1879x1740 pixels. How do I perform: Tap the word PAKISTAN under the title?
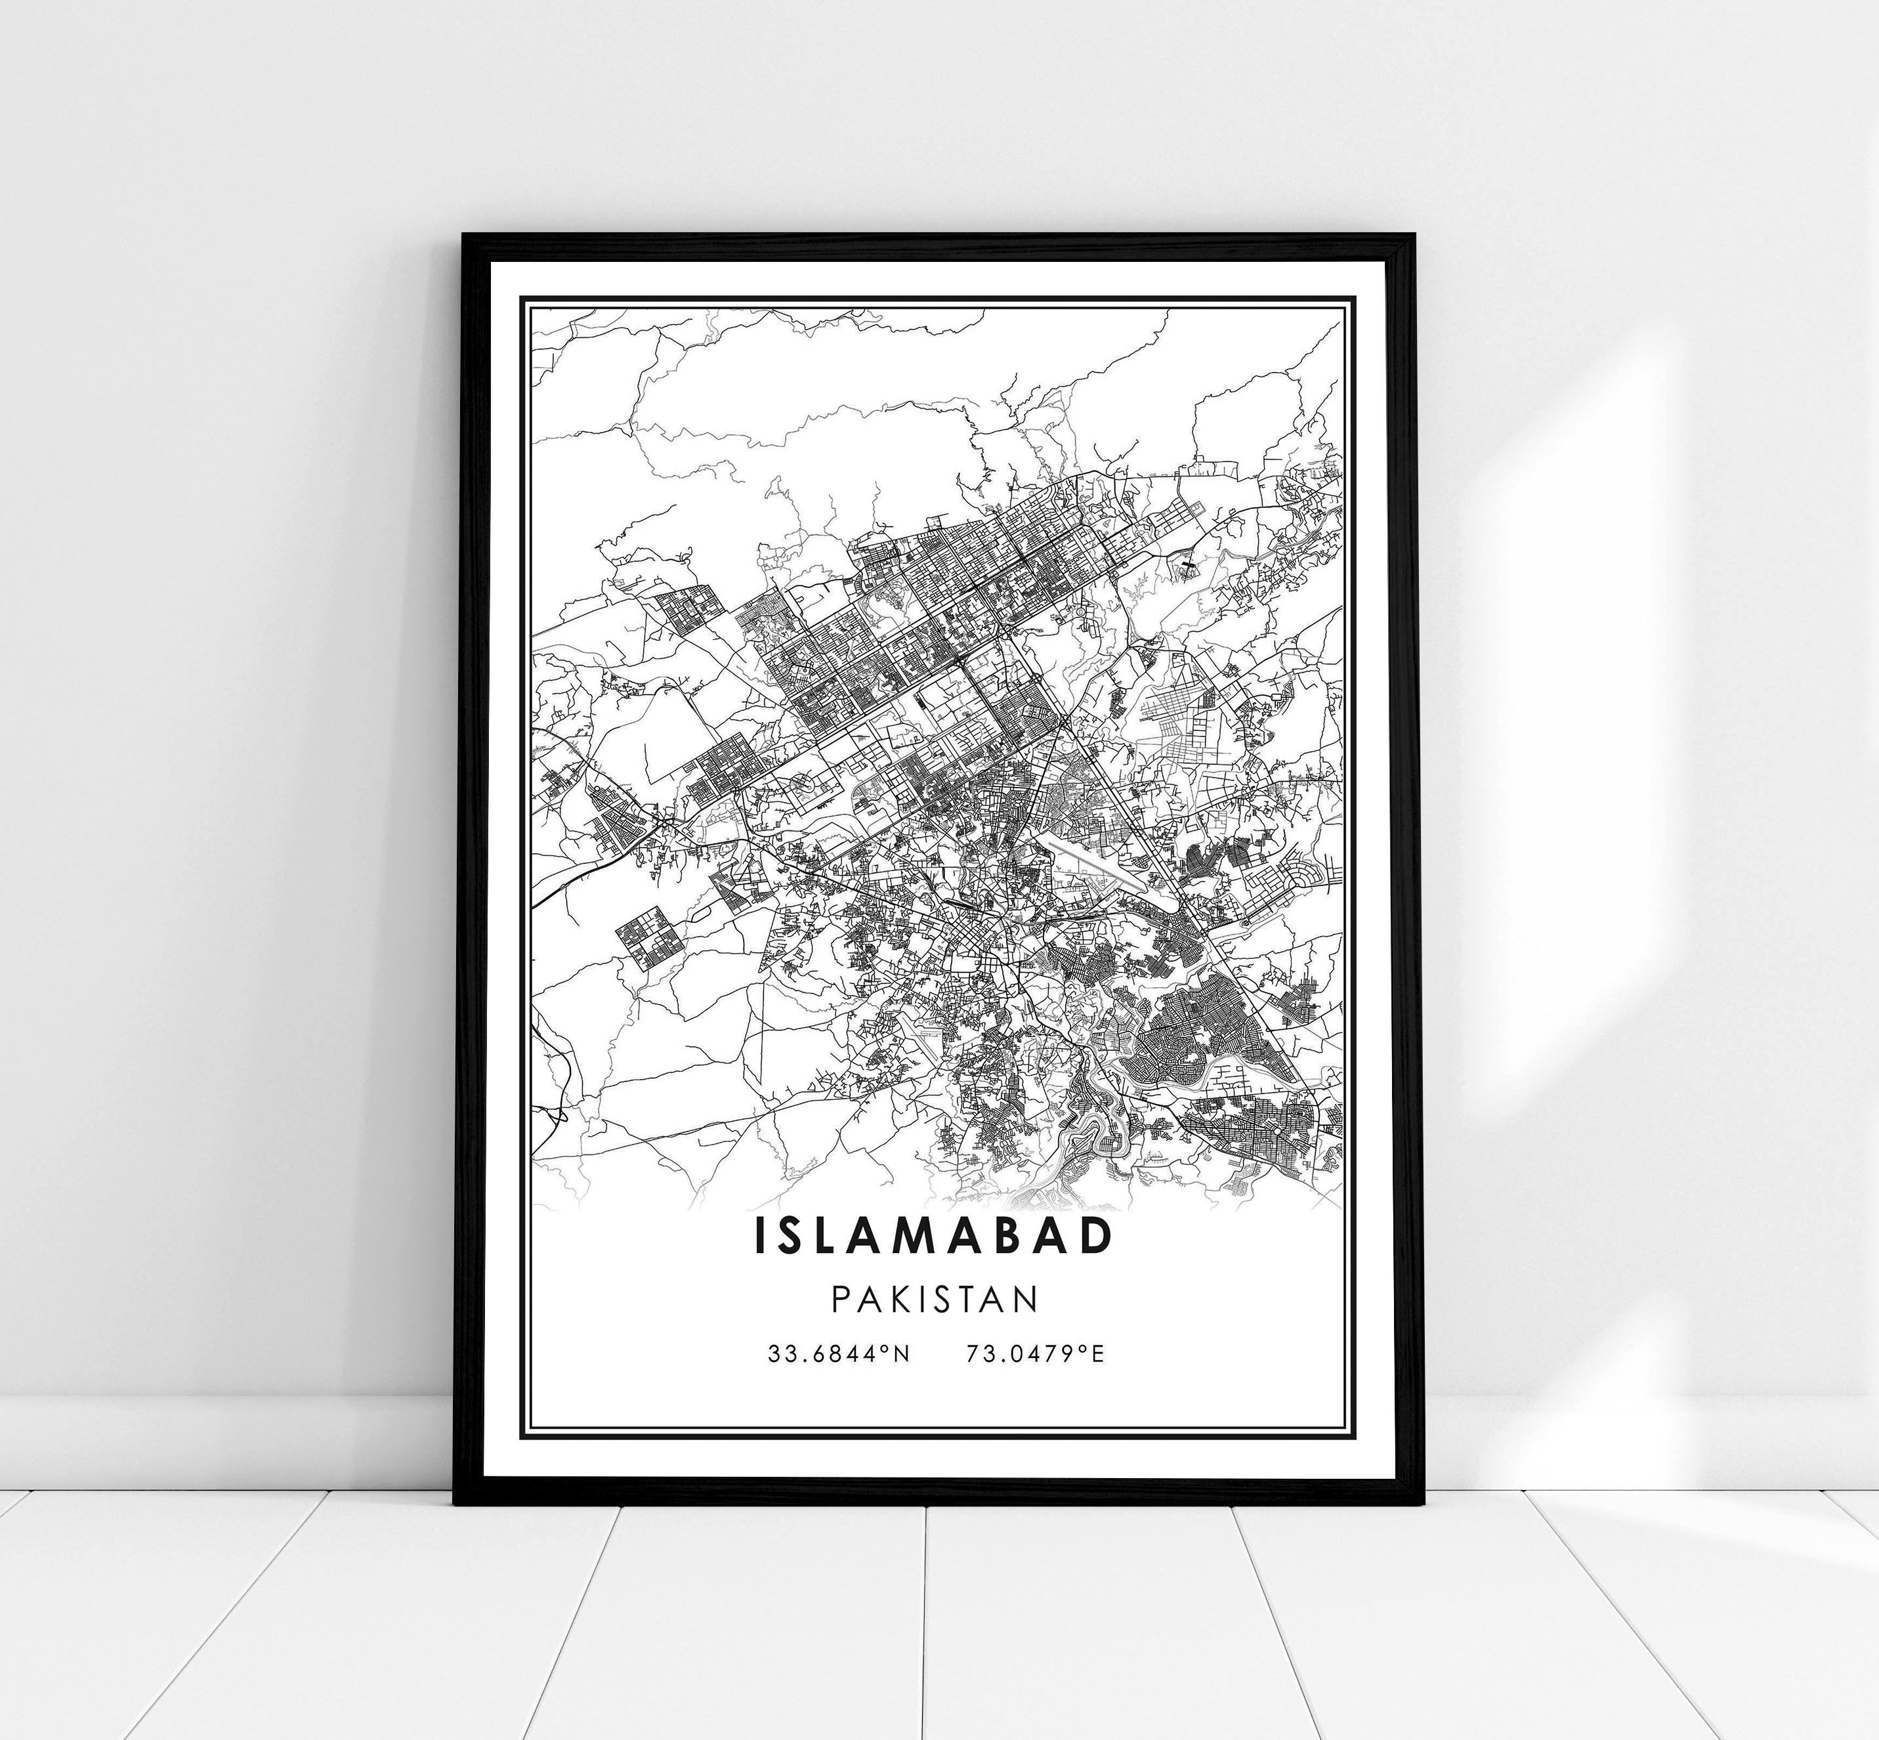935,1300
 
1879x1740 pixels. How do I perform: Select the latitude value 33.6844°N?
839,1354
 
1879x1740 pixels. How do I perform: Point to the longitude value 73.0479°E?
1034,1354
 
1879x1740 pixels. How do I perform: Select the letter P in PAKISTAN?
841,1300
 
